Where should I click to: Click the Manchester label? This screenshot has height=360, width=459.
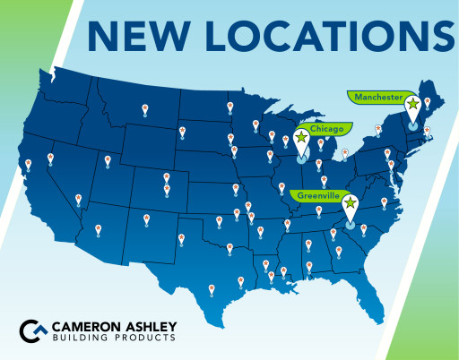pyautogui.click(x=376, y=96)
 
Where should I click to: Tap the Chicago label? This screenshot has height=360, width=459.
pyautogui.click(x=326, y=130)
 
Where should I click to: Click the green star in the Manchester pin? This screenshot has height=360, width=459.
pyautogui.click(x=411, y=104)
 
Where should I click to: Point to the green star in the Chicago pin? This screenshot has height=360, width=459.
pyautogui.click(x=300, y=138)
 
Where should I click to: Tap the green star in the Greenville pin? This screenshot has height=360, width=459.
pyautogui.click(x=349, y=202)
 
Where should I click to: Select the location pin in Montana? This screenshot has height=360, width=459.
pyautogui.click(x=145, y=109)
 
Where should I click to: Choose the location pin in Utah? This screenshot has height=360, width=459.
pyautogui.click(x=108, y=160)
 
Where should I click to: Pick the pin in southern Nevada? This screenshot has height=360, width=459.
pyautogui.click(x=78, y=198)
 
